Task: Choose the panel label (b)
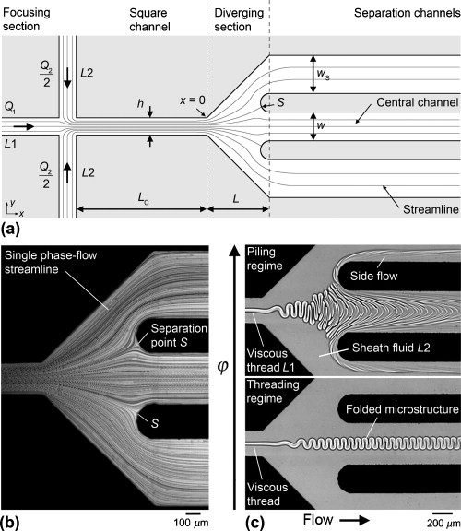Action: point(14,523)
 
